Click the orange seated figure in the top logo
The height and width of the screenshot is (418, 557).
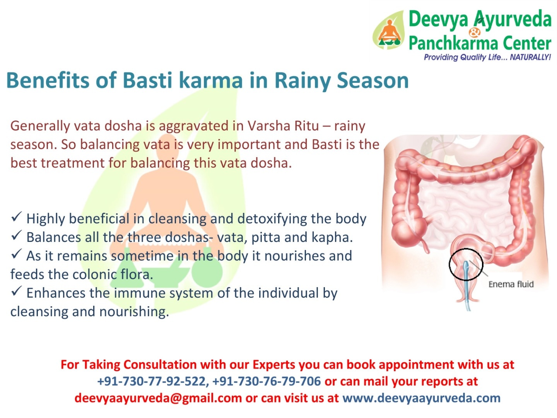389,31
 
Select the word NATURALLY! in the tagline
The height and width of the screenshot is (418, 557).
530,57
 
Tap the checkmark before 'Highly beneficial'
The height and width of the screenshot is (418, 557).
16,217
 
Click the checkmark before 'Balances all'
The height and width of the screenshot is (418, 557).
16,236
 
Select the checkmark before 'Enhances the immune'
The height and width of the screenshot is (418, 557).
16,291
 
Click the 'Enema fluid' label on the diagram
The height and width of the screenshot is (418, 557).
511,284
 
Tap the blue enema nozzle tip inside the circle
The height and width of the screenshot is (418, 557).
466,264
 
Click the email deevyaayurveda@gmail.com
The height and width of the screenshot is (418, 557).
158,398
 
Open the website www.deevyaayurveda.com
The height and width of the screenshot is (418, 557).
421,398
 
